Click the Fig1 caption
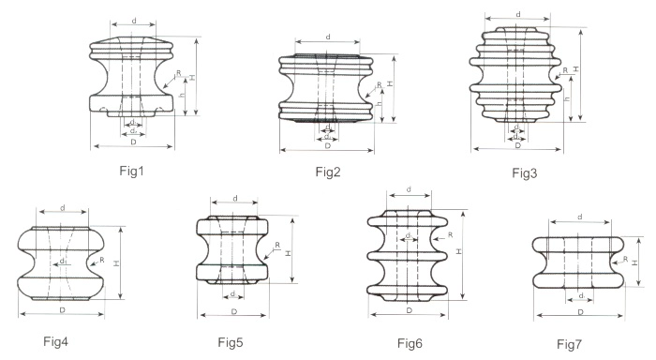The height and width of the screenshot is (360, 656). click(x=131, y=171)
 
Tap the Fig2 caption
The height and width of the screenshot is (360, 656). click(x=328, y=172)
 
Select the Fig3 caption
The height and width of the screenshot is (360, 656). click(x=525, y=172)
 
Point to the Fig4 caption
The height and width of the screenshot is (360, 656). click(x=55, y=341)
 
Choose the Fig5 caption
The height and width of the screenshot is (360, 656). click(x=231, y=342)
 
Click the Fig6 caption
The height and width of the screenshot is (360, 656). click(x=410, y=344)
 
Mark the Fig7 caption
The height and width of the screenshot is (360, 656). click(x=569, y=344)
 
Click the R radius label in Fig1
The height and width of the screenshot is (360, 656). click(x=179, y=73)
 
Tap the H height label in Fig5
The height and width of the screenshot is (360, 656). click(x=289, y=253)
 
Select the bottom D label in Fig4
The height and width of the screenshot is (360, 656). click(x=63, y=310)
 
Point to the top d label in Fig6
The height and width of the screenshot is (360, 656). click(x=409, y=189)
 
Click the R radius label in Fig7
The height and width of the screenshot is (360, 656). click(x=625, y=259)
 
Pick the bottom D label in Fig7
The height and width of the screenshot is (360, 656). click(x=580, y=312)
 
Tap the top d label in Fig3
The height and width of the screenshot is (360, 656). click(x=518, y=14)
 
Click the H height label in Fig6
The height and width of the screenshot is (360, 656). click(x=459, y=251)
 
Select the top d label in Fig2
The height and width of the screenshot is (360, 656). click(x=328, y=37)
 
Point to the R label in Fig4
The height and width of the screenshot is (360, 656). click(x=101, y=260)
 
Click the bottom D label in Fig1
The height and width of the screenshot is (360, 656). click(x=133, y=142)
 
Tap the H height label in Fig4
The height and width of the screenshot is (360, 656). click(x=117, y=263)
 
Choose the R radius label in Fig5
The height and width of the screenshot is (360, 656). click(x=277, y=245)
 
